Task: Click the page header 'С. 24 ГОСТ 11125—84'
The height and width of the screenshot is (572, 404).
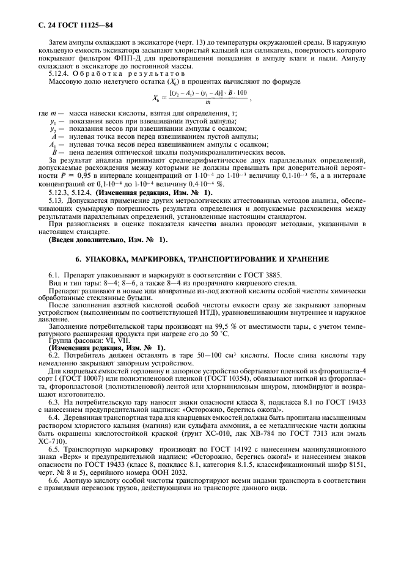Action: tap(68, 24)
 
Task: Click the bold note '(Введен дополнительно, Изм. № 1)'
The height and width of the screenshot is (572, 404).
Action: tap(107, 238)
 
